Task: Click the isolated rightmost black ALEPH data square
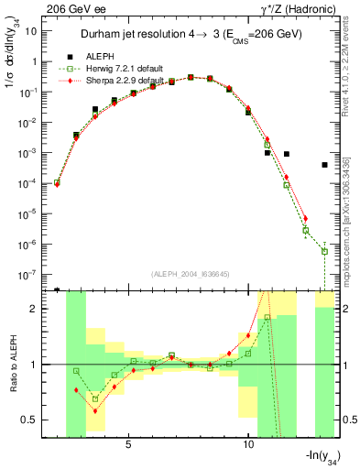[x=324, y=165]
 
